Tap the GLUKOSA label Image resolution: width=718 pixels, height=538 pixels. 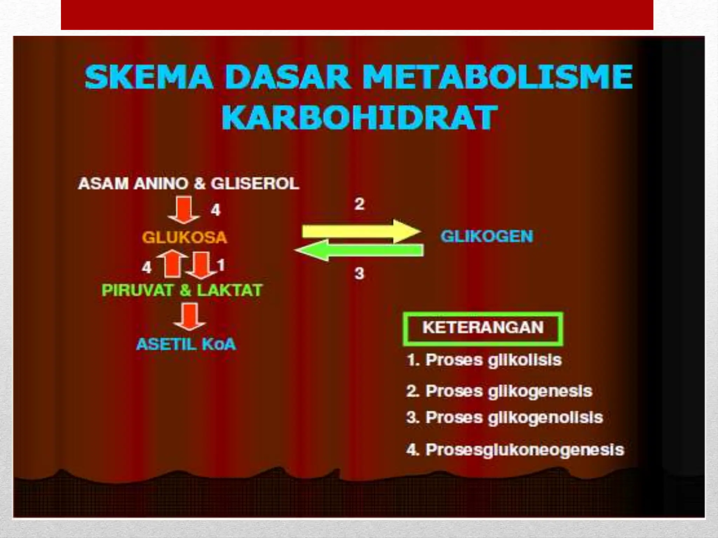(184, 237)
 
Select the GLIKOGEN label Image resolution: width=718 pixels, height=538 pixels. (487, 236)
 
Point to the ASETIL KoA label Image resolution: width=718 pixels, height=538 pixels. (186, 344)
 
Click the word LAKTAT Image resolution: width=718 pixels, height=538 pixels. (229, 290)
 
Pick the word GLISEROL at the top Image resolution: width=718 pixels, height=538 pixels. (255, 184)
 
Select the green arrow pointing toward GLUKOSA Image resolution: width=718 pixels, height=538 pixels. (359, 250)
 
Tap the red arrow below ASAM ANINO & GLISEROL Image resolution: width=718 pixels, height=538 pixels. (184, 210)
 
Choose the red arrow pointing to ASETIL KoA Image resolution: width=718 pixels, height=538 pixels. (190, 316)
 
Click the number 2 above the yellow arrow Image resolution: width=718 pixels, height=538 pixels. (359, 204)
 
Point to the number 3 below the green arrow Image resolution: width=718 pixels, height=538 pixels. (359, 273)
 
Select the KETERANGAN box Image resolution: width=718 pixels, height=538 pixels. (483, 328)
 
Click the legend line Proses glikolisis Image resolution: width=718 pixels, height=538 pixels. (484, 360)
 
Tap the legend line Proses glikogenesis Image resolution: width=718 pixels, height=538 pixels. (499, 391)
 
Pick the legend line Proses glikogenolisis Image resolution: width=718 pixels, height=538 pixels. (504, 418)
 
